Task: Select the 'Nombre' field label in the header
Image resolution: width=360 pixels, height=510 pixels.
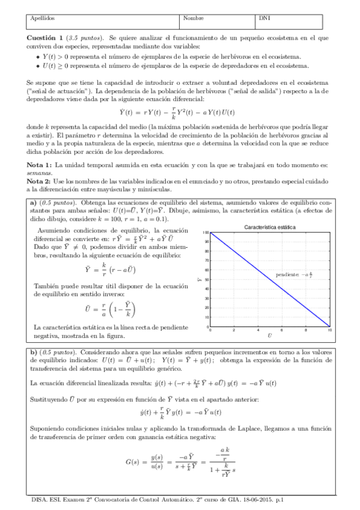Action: click(x=194, y=19)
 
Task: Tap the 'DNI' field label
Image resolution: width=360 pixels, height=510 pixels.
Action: click(x=264, y=19)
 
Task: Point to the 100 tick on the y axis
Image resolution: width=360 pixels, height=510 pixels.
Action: click(x=206, y=233)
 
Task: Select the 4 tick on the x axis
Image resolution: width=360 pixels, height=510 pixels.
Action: click(x=257, y=330)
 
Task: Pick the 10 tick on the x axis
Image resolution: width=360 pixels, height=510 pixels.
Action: click(x=328, y=330)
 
